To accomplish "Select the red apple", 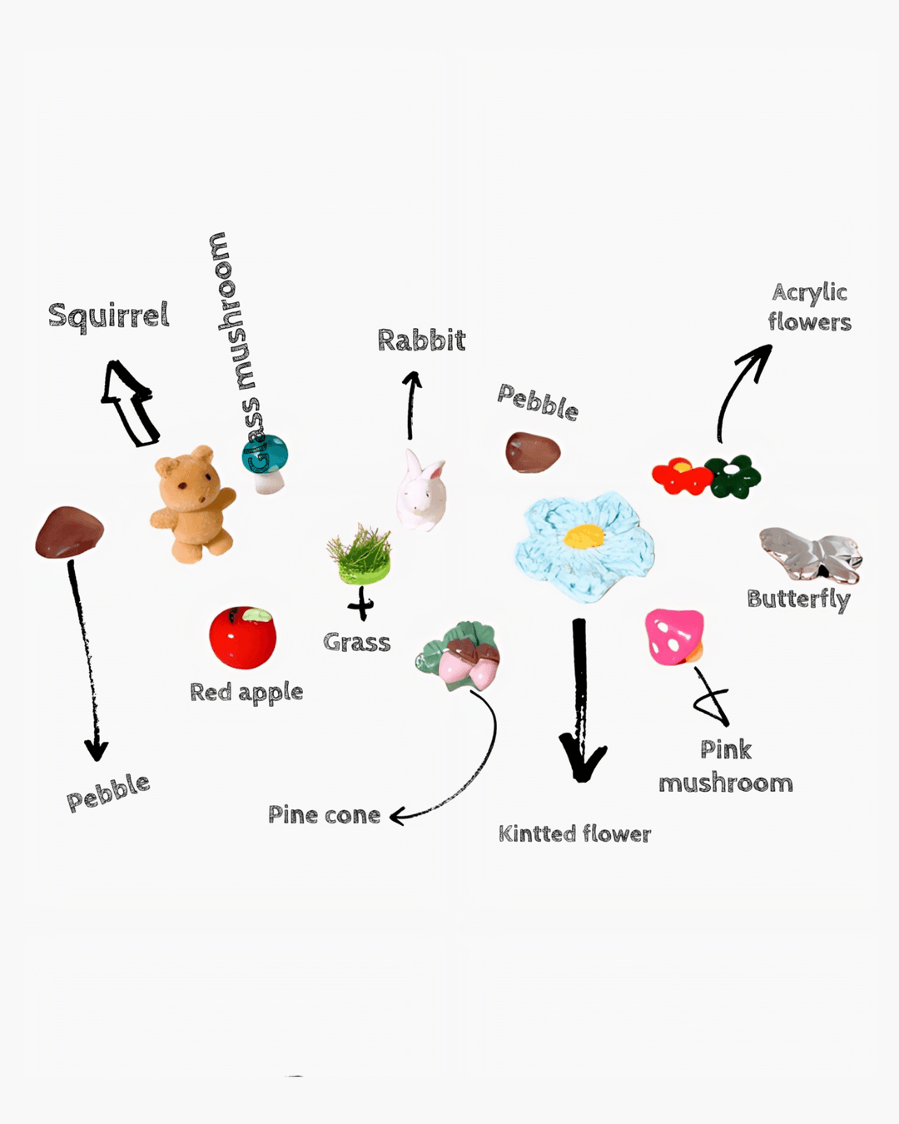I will click(x=242, y=638).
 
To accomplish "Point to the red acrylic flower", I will click(x=681, y=477).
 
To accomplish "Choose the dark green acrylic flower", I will click(x=733, y=476).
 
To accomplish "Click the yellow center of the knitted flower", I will click(x=584, y=536).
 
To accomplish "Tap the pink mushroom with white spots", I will click(x=674, y=636).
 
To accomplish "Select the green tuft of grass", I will click(x=360, y=553).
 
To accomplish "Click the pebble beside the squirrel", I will click(x=69, y=533).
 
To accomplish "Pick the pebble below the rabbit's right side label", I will click(x=533, y=452).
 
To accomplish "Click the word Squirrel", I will click(x=108, y=316).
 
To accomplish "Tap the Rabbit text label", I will click(x=421, y=341).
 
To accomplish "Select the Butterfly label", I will click(x=798, y=599).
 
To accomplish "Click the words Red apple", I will click(x=246, y=693).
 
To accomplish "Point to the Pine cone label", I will click(x=324, y=815).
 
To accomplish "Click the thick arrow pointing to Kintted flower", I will click(x=580, y=699).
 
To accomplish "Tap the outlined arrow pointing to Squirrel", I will click(x=130, y=403).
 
